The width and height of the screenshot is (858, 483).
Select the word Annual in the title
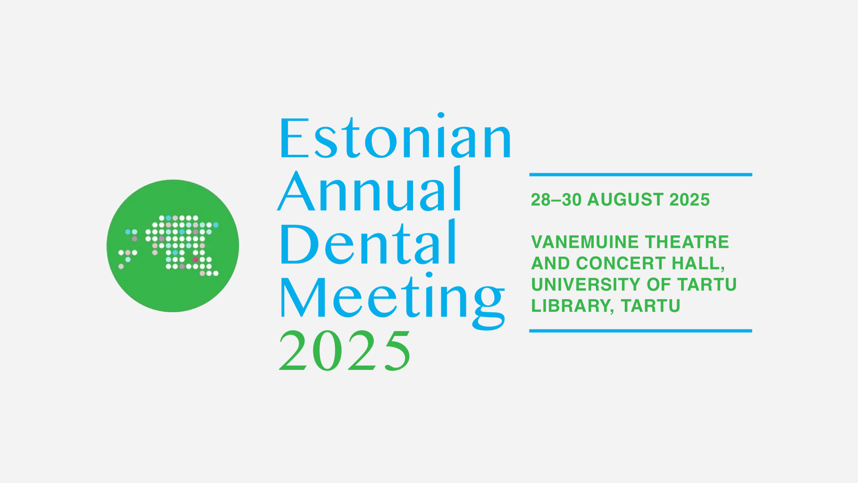click(370, 189)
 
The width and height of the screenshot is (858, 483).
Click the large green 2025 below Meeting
click(345, 351)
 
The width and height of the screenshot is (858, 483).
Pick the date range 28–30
click(556, 199)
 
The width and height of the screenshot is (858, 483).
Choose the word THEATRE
click(687, 242)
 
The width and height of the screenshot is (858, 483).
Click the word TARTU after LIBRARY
click(651, 306)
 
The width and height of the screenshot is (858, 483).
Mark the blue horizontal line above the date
click(641, 174)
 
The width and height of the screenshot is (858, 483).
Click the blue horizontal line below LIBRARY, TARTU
click(641, 331)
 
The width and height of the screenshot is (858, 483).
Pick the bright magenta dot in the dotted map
click(195, 259)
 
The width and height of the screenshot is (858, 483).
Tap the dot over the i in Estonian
click(441, 115)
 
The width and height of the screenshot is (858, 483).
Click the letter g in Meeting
click(489, 306)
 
